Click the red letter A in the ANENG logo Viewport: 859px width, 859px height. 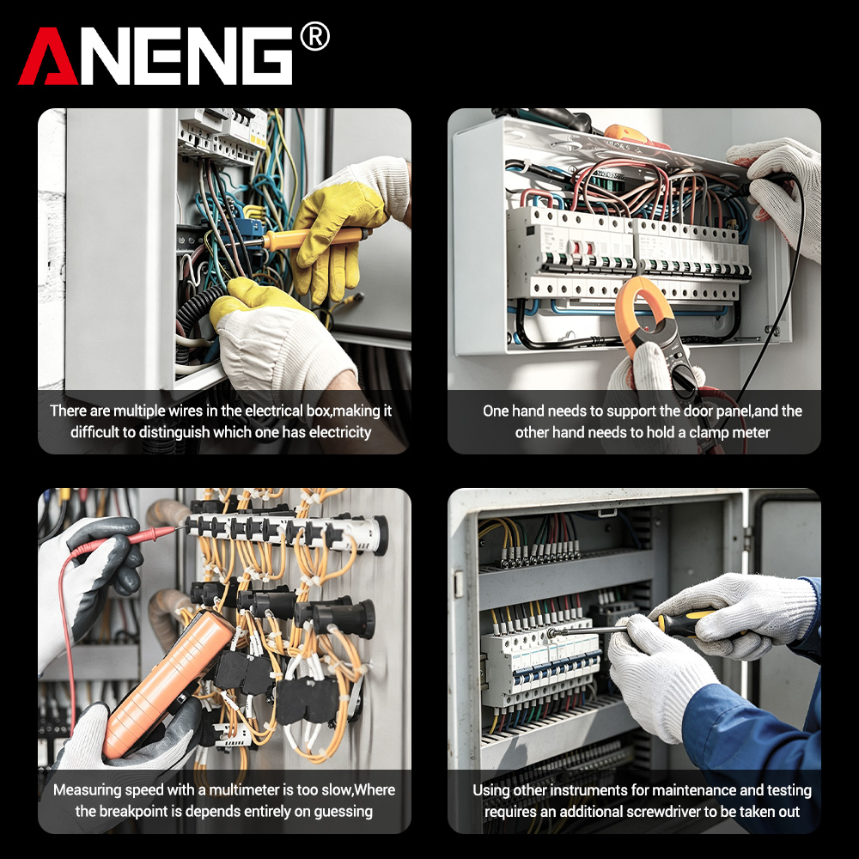pyautogui.click(x=48, y=57)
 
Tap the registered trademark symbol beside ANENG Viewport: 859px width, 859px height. pyautogui.click(x=314, y=37)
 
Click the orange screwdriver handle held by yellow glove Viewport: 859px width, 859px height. pyautogui.click(x=314, y=238)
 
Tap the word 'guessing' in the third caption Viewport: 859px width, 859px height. pyautogui.click(x=341, y=812)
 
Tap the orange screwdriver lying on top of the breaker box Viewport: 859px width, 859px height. pyautogui.click(x=637, y=137)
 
